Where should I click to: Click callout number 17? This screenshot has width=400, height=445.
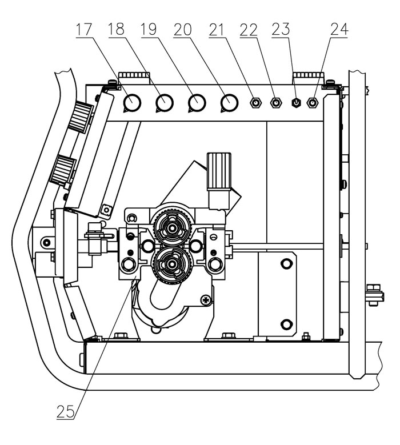point(84,30)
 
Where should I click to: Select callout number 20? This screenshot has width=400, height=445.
point(182,30)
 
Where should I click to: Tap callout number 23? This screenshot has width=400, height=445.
point(281,30)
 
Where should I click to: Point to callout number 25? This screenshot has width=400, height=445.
point(66,412)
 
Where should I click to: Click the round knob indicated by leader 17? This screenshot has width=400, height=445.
point(133,103)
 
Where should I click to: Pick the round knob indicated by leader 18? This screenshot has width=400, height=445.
point(165,103)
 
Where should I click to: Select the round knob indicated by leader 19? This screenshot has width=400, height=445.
point(197,103)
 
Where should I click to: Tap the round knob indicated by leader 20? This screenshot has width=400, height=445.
point(229,103)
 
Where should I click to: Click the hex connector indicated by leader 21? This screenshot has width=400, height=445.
point(256,102)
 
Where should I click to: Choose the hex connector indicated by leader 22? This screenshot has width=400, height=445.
point(275,102)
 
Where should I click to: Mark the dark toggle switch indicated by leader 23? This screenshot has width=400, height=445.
point(297,103)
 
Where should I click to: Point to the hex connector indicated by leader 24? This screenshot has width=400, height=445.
point(313,102)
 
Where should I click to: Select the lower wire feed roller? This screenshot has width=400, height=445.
point(171,264)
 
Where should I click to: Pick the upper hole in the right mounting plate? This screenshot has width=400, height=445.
point(286,264)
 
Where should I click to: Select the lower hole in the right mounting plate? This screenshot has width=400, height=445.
point(286,324)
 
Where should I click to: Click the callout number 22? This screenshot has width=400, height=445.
point(249,30)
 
